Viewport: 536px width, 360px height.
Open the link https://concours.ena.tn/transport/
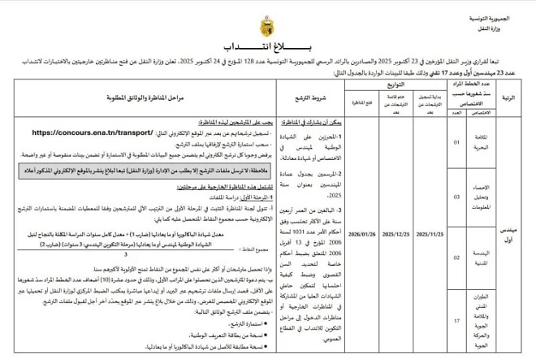[x=93, y=132]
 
